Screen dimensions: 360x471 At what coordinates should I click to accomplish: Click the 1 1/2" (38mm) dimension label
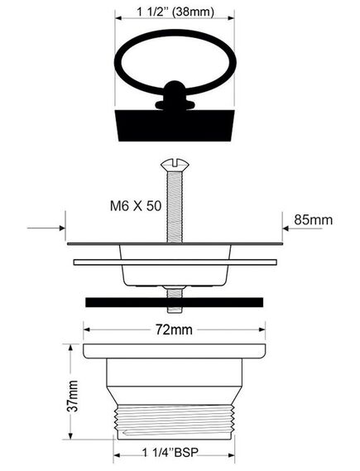pos(175,12)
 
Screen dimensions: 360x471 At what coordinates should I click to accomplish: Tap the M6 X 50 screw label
pos(136,206)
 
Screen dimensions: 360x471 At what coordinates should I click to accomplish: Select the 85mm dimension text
pos(313,220)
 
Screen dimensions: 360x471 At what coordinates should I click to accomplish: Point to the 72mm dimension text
pos(174,329)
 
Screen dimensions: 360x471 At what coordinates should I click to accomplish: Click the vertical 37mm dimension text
pos(73,396)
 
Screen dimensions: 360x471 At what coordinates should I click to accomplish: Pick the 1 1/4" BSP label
pos(170,453)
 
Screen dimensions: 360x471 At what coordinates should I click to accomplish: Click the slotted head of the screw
pos(175,165)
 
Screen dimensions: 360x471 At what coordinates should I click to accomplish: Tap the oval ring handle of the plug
pos(175,34)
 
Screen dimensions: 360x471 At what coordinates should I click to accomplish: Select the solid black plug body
pos(175,125)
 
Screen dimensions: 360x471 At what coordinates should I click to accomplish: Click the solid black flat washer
pos(174,302)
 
